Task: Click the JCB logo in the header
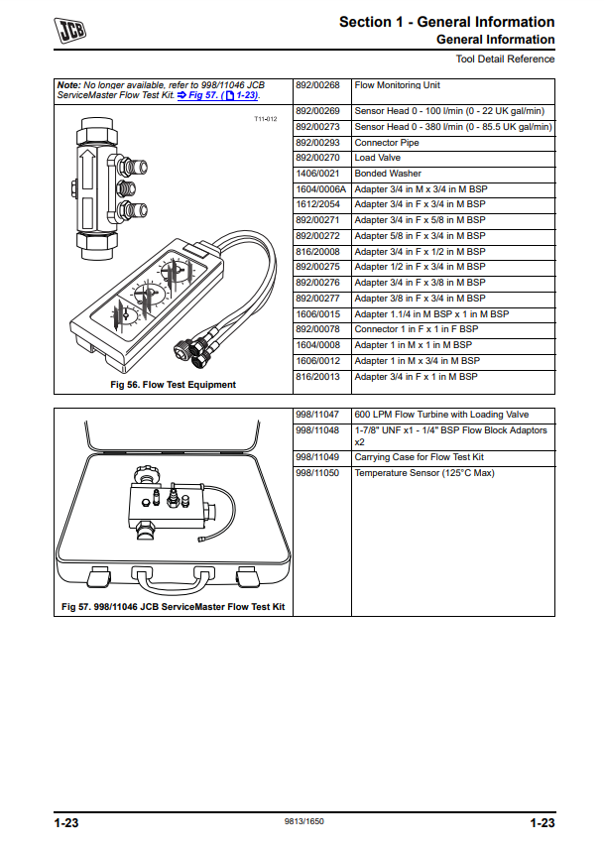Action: tap(69, 30)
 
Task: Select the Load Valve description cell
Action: tap(378, 158)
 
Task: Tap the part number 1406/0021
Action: tap(318, 174)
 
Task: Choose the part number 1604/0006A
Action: tap(321, 188)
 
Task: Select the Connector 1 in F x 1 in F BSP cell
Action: tap(416, 329)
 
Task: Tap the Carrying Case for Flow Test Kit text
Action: tap(419, 457)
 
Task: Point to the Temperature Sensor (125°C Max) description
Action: tap(423, 473)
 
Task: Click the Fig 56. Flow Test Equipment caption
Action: tap(175, 385)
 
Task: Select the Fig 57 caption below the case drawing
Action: tap(173, 606)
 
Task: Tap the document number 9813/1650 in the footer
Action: tap(303, 822)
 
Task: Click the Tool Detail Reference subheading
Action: tap(505, 60)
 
